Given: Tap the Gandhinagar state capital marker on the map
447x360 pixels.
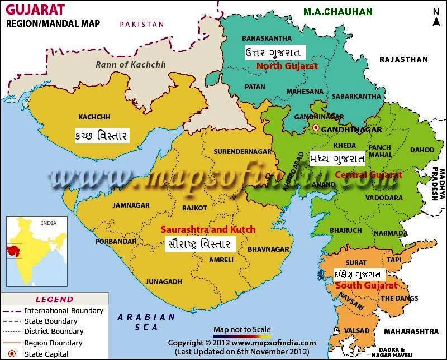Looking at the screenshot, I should pyautogui.click(x=316, y=129).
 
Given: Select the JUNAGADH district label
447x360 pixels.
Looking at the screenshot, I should pyautogui.click(x=164, y=281).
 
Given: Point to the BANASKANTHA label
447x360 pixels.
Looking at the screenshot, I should pyautogui.click(x=267, y=38).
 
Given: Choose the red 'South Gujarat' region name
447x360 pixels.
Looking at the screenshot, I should pyautogui.click(x=366, y=285).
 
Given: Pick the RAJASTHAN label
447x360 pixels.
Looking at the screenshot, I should pyautogui.click(x=403, y=59).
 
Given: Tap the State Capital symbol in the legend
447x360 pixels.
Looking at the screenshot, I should pyautogui.click(x=11, y=354).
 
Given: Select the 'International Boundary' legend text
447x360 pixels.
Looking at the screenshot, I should pyautogui.click(x=64, y=310).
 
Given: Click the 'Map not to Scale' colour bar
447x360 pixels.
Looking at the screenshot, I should pyautogui.click(x=242, y=337).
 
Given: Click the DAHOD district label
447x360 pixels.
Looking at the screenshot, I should pyautogui.click(x=422, y=150).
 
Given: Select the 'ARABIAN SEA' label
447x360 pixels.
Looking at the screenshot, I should pyautogui.click(x=146, y=322).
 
